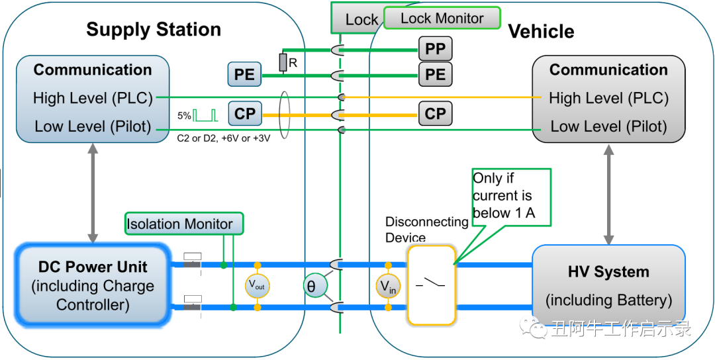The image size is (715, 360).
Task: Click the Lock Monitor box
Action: coord(442,19)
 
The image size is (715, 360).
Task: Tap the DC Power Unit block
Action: coord(93,285)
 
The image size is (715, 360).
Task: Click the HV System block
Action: coord(608,285)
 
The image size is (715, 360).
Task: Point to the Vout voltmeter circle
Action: coord(257,286)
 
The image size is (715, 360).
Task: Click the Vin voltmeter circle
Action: coord(388,286)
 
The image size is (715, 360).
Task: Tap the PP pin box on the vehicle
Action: coord(435,48)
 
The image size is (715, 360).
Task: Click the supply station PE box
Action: coord(244,75)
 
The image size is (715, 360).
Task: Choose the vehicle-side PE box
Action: coord(435,74)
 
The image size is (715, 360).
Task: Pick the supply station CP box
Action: coord(244,114)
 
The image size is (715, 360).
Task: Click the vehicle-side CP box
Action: coord(435,114)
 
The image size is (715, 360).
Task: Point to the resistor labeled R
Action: coord(283,63)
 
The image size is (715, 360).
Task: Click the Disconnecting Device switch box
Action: coord(432,285)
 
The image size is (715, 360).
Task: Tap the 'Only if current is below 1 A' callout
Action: coord(510,196)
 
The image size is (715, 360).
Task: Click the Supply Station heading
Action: coord(154,30)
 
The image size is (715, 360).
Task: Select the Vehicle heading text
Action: coord(541,32)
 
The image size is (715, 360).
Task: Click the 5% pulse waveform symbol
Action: coord(205,115)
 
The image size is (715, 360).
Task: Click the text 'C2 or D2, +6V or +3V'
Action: coord(224,139)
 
